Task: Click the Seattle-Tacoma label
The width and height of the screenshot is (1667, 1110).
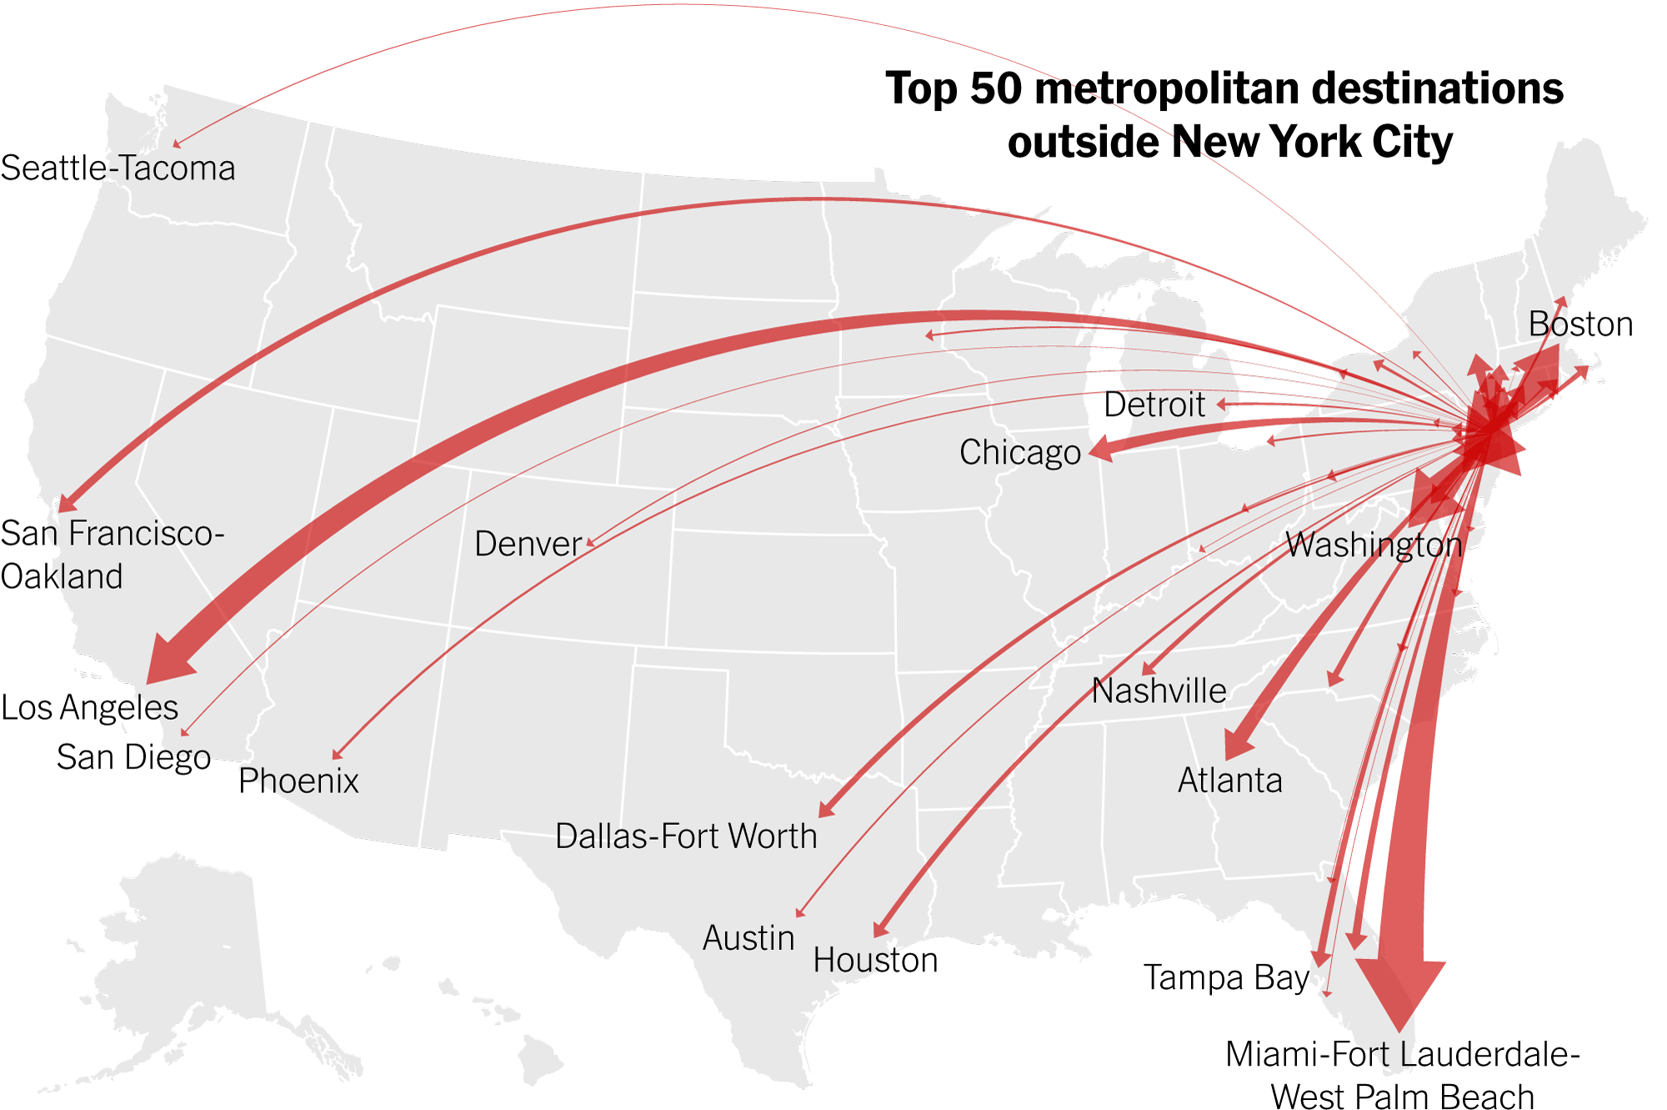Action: (118, 168)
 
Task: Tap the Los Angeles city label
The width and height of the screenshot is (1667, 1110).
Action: (89, 707)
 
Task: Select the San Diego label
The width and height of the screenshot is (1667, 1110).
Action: (133, 757)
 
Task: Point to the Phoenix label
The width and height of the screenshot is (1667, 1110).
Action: (298, 781)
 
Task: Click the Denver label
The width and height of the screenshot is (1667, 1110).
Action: (528, 544)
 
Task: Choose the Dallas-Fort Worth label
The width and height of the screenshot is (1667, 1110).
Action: (686, 836)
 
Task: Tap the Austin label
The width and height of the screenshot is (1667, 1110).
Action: (748, 938)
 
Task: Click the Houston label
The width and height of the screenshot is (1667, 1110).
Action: (875, 960)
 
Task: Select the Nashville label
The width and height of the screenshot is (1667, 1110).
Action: (1159, 691)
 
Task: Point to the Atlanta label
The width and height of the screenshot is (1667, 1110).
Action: (1229, 781)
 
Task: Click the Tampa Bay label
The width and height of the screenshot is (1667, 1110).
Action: (1225, 977)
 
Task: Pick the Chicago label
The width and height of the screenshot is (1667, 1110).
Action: (1019, 452)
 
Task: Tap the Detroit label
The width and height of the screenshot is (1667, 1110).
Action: (1154, 404)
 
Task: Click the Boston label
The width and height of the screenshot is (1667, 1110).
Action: (1580, 324)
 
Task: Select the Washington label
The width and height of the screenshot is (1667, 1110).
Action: (1374, 545)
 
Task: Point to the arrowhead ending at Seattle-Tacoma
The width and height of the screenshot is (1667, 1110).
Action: (177, 144)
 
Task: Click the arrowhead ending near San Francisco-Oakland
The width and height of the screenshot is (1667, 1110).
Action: (66, 503)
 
